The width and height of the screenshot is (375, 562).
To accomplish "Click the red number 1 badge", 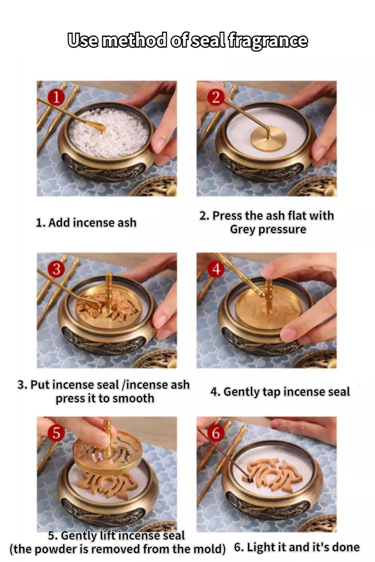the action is (57, 97).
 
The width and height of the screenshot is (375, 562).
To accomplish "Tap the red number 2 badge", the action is (216, 97).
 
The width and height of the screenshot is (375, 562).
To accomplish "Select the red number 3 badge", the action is (57, 269).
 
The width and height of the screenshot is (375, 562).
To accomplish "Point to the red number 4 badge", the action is (216, 269).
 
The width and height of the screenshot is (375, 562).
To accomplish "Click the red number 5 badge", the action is (57, 433).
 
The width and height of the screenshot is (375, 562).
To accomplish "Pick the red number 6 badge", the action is (216, 433).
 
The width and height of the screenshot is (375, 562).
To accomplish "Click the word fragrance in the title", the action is (268, 40).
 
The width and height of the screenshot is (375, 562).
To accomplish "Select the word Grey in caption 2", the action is (243, 229).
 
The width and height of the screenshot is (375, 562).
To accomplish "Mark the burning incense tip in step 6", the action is (250, 480).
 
